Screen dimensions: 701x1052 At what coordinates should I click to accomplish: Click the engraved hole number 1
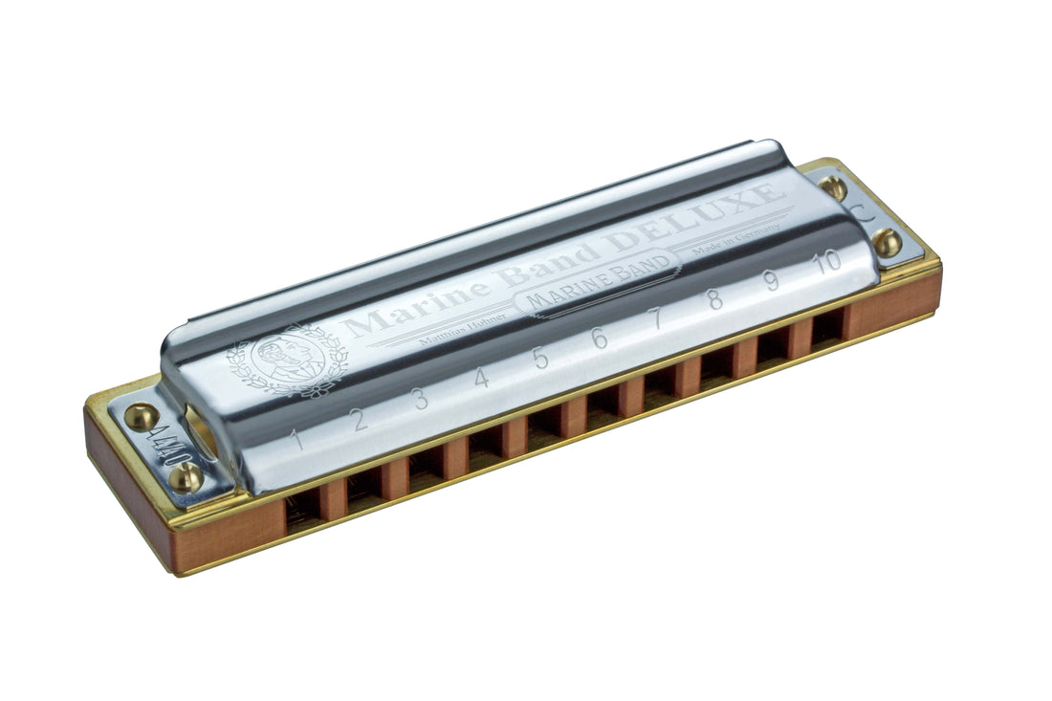(x=297, y=441)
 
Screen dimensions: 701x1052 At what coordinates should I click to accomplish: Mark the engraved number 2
(x=361, y=420)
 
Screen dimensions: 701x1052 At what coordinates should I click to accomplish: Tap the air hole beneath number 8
(x=715, y=367)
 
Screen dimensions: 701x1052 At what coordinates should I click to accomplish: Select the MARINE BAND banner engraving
(x=597, y=276)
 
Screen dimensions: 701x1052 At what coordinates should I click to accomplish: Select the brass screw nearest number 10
(x=886, y=242)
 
